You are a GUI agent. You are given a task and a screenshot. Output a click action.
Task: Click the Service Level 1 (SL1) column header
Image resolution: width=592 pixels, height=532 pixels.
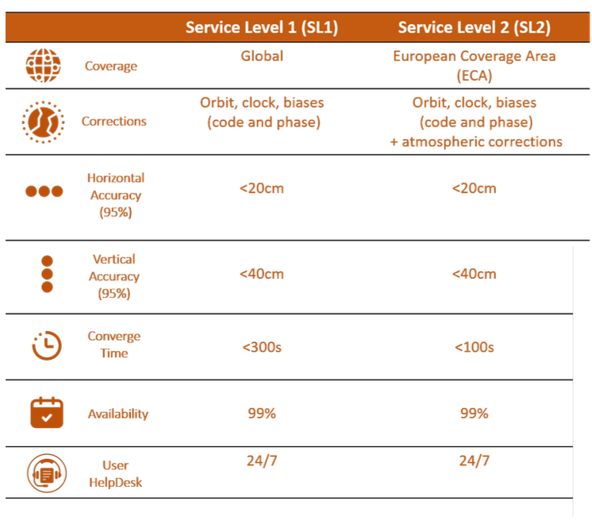[x=262, y=28]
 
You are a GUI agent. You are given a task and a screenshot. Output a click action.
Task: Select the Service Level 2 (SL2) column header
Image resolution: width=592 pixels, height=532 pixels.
[x=475, y=28]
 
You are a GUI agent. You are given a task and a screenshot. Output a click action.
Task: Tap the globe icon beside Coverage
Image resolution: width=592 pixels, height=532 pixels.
[x=43, y=65]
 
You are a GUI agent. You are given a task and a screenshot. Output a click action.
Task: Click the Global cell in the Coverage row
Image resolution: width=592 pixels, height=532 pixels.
[x=262, y=56]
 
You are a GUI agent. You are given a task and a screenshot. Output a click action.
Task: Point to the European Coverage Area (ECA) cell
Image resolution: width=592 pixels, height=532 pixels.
[x=475, y=66]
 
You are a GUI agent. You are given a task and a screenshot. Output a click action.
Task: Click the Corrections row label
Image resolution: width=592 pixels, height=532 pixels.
[x=114, y=121]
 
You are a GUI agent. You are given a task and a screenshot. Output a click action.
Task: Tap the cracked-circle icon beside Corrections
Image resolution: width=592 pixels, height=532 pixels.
[x=43, y=122]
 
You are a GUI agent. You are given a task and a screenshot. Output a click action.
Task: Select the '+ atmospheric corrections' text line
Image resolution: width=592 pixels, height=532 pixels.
[x=476, y=141]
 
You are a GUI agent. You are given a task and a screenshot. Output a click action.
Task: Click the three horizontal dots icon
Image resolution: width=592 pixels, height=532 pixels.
[x=44, y=191]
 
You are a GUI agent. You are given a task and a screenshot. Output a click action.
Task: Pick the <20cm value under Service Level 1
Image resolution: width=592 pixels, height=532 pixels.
[x=262, y=188]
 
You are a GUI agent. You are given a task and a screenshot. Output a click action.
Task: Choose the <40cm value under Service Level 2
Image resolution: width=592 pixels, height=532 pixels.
[x=475, y=274]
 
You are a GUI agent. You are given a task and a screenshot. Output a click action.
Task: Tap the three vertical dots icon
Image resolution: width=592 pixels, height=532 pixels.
[x=47, y=274]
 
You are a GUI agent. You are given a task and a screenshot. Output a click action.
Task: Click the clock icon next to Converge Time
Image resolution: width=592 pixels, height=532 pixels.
[x=47, y=345]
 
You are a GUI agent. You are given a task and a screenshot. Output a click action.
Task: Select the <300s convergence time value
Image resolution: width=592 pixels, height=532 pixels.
[x=262, y=347]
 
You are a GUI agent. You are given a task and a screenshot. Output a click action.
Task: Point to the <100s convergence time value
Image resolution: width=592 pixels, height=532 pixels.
[x=475, y=347]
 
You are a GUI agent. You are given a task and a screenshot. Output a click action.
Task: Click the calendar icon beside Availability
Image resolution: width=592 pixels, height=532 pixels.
[x=47, y=413]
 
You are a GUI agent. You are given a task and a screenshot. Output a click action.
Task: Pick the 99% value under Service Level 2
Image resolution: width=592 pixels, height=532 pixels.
[x=475, y=414]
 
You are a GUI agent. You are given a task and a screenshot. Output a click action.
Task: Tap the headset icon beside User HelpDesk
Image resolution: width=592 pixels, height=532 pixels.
[x=47, y=473]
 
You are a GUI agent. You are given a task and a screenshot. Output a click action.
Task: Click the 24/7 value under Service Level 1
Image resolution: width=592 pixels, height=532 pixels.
[x=262, y=461]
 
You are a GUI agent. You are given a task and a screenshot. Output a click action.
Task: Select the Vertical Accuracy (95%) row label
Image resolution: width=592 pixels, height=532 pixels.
[x=114, y=276]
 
